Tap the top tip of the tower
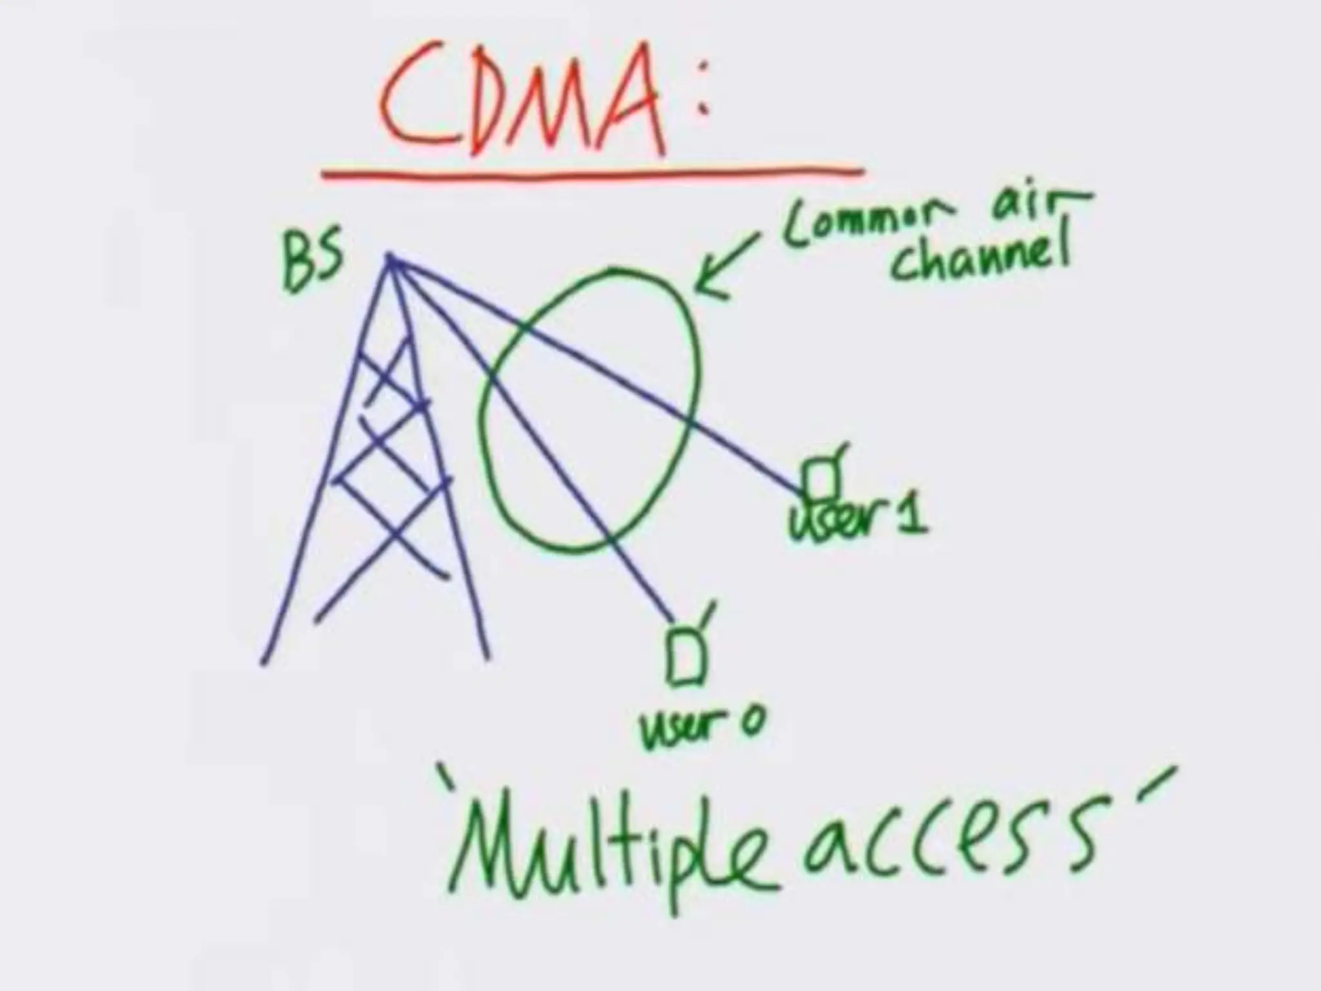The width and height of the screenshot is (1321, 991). [390, 258]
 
